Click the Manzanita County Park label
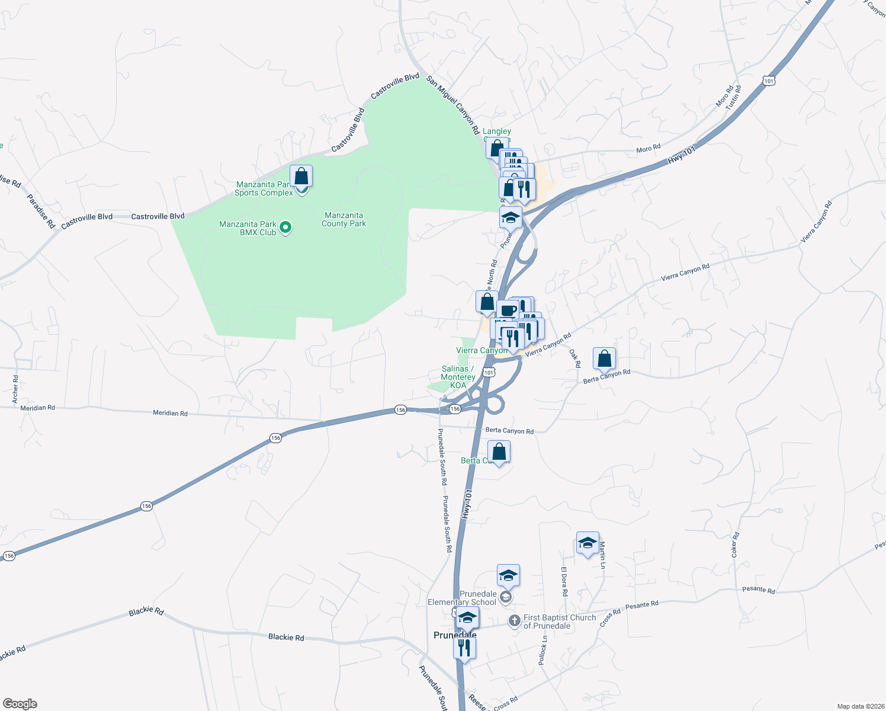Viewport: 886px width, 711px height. click(x=344, y=220)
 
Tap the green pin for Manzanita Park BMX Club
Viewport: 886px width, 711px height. click(x=285, y=228)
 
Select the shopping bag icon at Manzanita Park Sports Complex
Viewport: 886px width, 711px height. click(x=301, y=177)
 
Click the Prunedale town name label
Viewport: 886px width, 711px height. click(x=455, y=635)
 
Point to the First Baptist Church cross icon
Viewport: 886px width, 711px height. click(x=515, y=621)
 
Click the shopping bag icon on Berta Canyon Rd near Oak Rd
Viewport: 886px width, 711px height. click(x=604, y=359)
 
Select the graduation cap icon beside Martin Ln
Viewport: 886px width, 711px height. click(x=587, y=543)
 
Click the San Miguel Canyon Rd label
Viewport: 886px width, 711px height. click(x=453, y=105)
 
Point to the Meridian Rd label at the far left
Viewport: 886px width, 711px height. click(x=37, y=408)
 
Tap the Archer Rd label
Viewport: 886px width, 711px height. click(x=15, y=390)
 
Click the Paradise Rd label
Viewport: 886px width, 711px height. click(x=41, y=212)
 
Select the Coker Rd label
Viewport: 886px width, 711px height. click(x=735, y=545)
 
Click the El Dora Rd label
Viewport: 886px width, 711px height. click(x=564, y=581)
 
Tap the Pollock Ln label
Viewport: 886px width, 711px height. click(x=543, y=650)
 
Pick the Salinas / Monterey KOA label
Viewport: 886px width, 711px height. click(x=458, y=377)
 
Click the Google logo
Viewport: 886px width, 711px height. click(x=20, y=704)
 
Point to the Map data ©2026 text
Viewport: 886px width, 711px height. click(x=859, y=706)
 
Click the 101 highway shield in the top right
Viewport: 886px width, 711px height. click(x=769, y=81)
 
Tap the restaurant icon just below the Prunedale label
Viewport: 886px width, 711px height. click(x=464, y=648)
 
